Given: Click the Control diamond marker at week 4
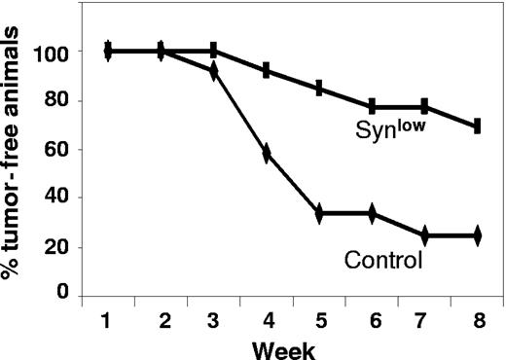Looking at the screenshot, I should (267, 154).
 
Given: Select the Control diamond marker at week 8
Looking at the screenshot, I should (477, 235).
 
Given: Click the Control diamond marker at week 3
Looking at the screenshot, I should (214, 70).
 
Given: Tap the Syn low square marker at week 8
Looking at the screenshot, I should (477, 126).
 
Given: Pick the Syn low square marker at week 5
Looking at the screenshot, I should (319, 89).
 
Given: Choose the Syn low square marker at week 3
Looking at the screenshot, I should (214, 51).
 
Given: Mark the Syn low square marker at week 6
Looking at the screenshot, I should (372, 106).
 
